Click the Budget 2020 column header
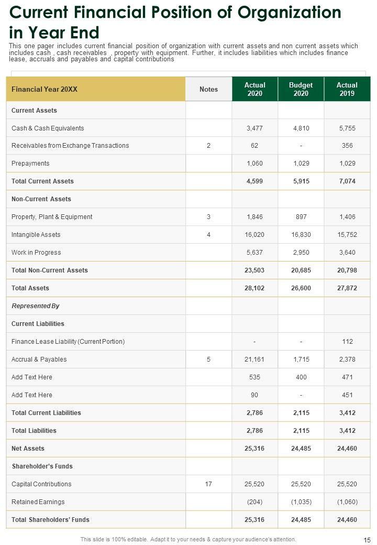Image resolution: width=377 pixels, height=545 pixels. (x=301, y=89)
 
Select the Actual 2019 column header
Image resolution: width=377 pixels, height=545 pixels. (x=347, y=89)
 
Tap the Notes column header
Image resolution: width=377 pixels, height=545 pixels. (x=208, y=89)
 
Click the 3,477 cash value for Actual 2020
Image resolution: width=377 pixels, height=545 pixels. (x=254, y=128)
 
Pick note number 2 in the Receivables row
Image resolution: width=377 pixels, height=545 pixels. (x=208, y=146)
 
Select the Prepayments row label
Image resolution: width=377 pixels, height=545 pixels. (x=30, y=163)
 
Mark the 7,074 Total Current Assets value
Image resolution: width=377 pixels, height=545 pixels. (x=347, y=181)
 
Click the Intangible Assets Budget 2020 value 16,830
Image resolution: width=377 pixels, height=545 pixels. (x=301, y=235)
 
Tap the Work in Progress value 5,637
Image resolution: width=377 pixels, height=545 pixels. (x=254, y=253)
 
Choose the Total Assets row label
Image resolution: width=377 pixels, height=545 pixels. (x=30, y=288)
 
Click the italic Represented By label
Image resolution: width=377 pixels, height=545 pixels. (x=35, y=306)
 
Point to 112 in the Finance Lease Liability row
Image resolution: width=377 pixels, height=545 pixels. (x=347, y=342)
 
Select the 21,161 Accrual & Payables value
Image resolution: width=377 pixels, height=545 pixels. (x=254, y=359)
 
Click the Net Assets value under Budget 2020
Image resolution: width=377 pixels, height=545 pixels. (x=301, y=449)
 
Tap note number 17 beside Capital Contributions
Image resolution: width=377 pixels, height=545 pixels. (x=208, y=484)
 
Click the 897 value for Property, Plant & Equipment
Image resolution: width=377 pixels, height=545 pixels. (x=301, y=217)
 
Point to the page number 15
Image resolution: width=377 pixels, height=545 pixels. (x=367, y=540)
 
